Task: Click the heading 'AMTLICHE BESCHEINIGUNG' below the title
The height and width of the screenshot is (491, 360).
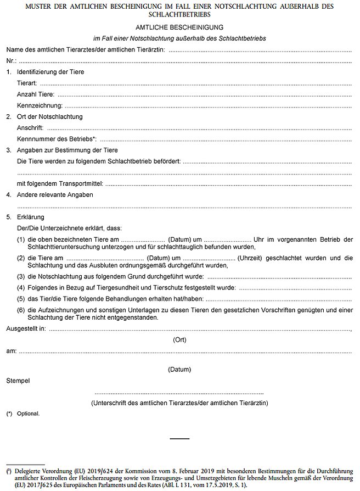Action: coord(179,26)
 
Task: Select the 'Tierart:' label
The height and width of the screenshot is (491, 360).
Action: coord(27,83)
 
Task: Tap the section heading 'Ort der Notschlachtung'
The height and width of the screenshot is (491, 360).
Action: coord(50,117)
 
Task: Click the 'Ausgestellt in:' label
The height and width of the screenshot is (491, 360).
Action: coord(26,329)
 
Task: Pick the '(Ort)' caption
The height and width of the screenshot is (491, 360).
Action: coord(179,340)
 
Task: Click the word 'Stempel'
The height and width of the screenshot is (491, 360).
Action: coord(18,380)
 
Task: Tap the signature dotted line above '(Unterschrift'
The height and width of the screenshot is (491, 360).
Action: coord(179,393)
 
